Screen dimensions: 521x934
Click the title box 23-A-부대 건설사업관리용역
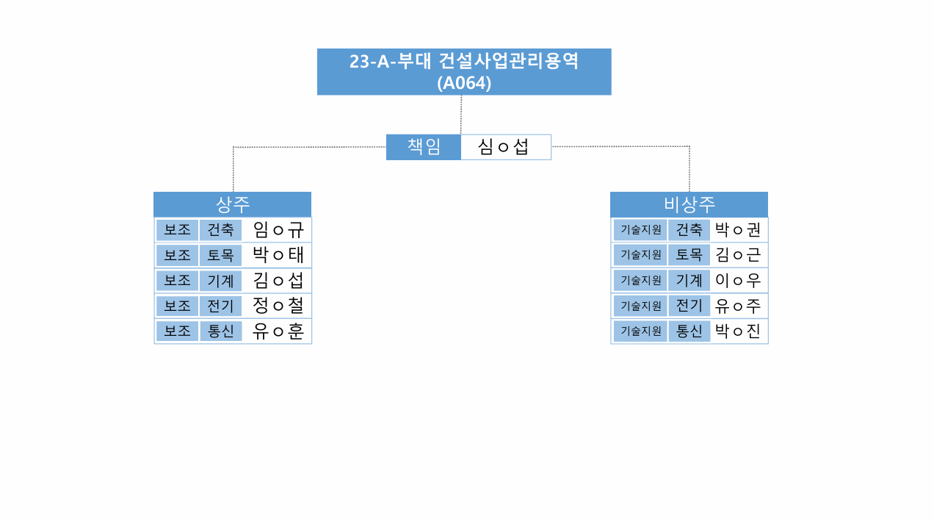coord(464,72)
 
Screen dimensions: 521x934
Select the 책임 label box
coord(424,147)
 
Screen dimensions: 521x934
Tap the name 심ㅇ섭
coord(504,147)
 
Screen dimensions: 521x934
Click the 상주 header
coord(232,204)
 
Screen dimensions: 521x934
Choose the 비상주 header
coord(689,204)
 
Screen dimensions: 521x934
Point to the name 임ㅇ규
coord(278,230)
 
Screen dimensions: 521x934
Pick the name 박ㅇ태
coord(278,255)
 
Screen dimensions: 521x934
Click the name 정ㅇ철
coord(278,305)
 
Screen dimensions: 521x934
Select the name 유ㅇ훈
coord(278,331)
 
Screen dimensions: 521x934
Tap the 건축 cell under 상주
coord(220,230)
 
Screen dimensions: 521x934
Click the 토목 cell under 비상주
coord(689,255)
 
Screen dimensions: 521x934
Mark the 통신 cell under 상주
coord(220,331)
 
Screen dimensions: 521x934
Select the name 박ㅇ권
coord(738,230)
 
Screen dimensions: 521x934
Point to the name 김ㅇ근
coord(738,255)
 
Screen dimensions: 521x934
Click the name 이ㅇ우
coord(738,280)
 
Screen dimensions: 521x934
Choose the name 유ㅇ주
coord(738,305)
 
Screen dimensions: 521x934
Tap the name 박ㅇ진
coord(738,331)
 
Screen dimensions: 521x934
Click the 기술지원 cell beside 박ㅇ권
coord(640,230)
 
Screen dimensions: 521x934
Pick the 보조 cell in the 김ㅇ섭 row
coord(177,280)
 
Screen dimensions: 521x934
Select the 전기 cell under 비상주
coord(689,305)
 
